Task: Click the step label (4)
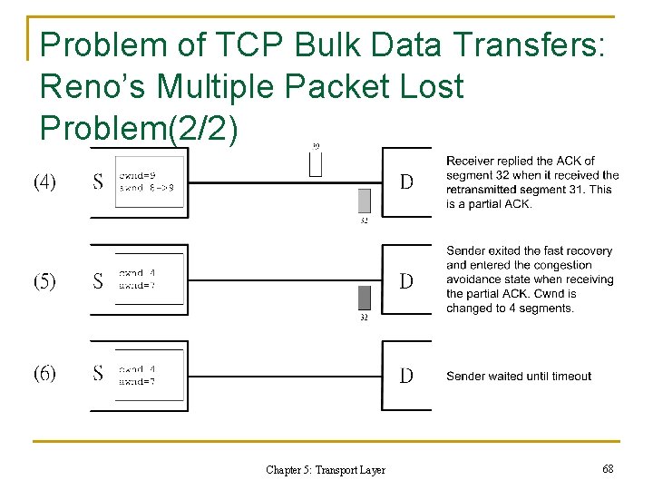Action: click(x=44, y=182)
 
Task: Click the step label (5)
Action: click(x=44, y=281)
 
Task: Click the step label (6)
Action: click(x=44, y=373)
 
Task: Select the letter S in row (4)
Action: click(x=98, y=182)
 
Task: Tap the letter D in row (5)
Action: click(x=406, y=281)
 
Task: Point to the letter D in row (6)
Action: click(x=406, y=375)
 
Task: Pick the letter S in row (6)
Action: click(x=98, y=373)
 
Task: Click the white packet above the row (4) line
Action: click(x=316, y=162)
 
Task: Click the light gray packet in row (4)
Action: click(x=364, y=201)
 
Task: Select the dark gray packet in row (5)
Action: click(x=364, y=299)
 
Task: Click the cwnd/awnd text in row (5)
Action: click(x=137, y=278)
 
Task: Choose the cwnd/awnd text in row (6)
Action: click(x=137, y=376)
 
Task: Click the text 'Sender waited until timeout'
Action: click(x=519, y=376)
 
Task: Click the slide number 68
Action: click(x=607, y=468)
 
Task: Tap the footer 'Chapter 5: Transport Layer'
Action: click(x=326, y=470)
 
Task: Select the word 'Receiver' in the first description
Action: click(x=471, y=162)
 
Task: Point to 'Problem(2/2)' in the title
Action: click(x=141, y=128)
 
